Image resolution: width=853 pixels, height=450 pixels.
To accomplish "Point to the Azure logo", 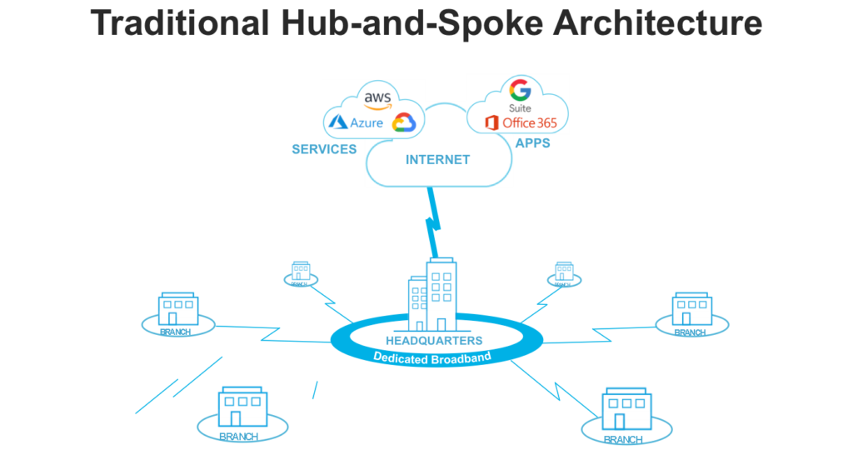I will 356,123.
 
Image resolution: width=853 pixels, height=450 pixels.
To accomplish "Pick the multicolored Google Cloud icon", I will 404,122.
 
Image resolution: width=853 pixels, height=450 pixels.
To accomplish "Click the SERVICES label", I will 324,149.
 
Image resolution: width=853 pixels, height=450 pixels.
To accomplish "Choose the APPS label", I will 533,143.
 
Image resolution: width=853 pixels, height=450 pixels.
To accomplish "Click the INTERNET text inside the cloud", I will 437,159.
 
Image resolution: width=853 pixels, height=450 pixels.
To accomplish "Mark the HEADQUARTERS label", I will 433,341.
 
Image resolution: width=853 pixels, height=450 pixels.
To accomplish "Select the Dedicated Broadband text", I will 433,357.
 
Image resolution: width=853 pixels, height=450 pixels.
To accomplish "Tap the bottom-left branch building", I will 242,407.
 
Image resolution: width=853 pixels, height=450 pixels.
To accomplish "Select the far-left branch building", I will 177,308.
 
